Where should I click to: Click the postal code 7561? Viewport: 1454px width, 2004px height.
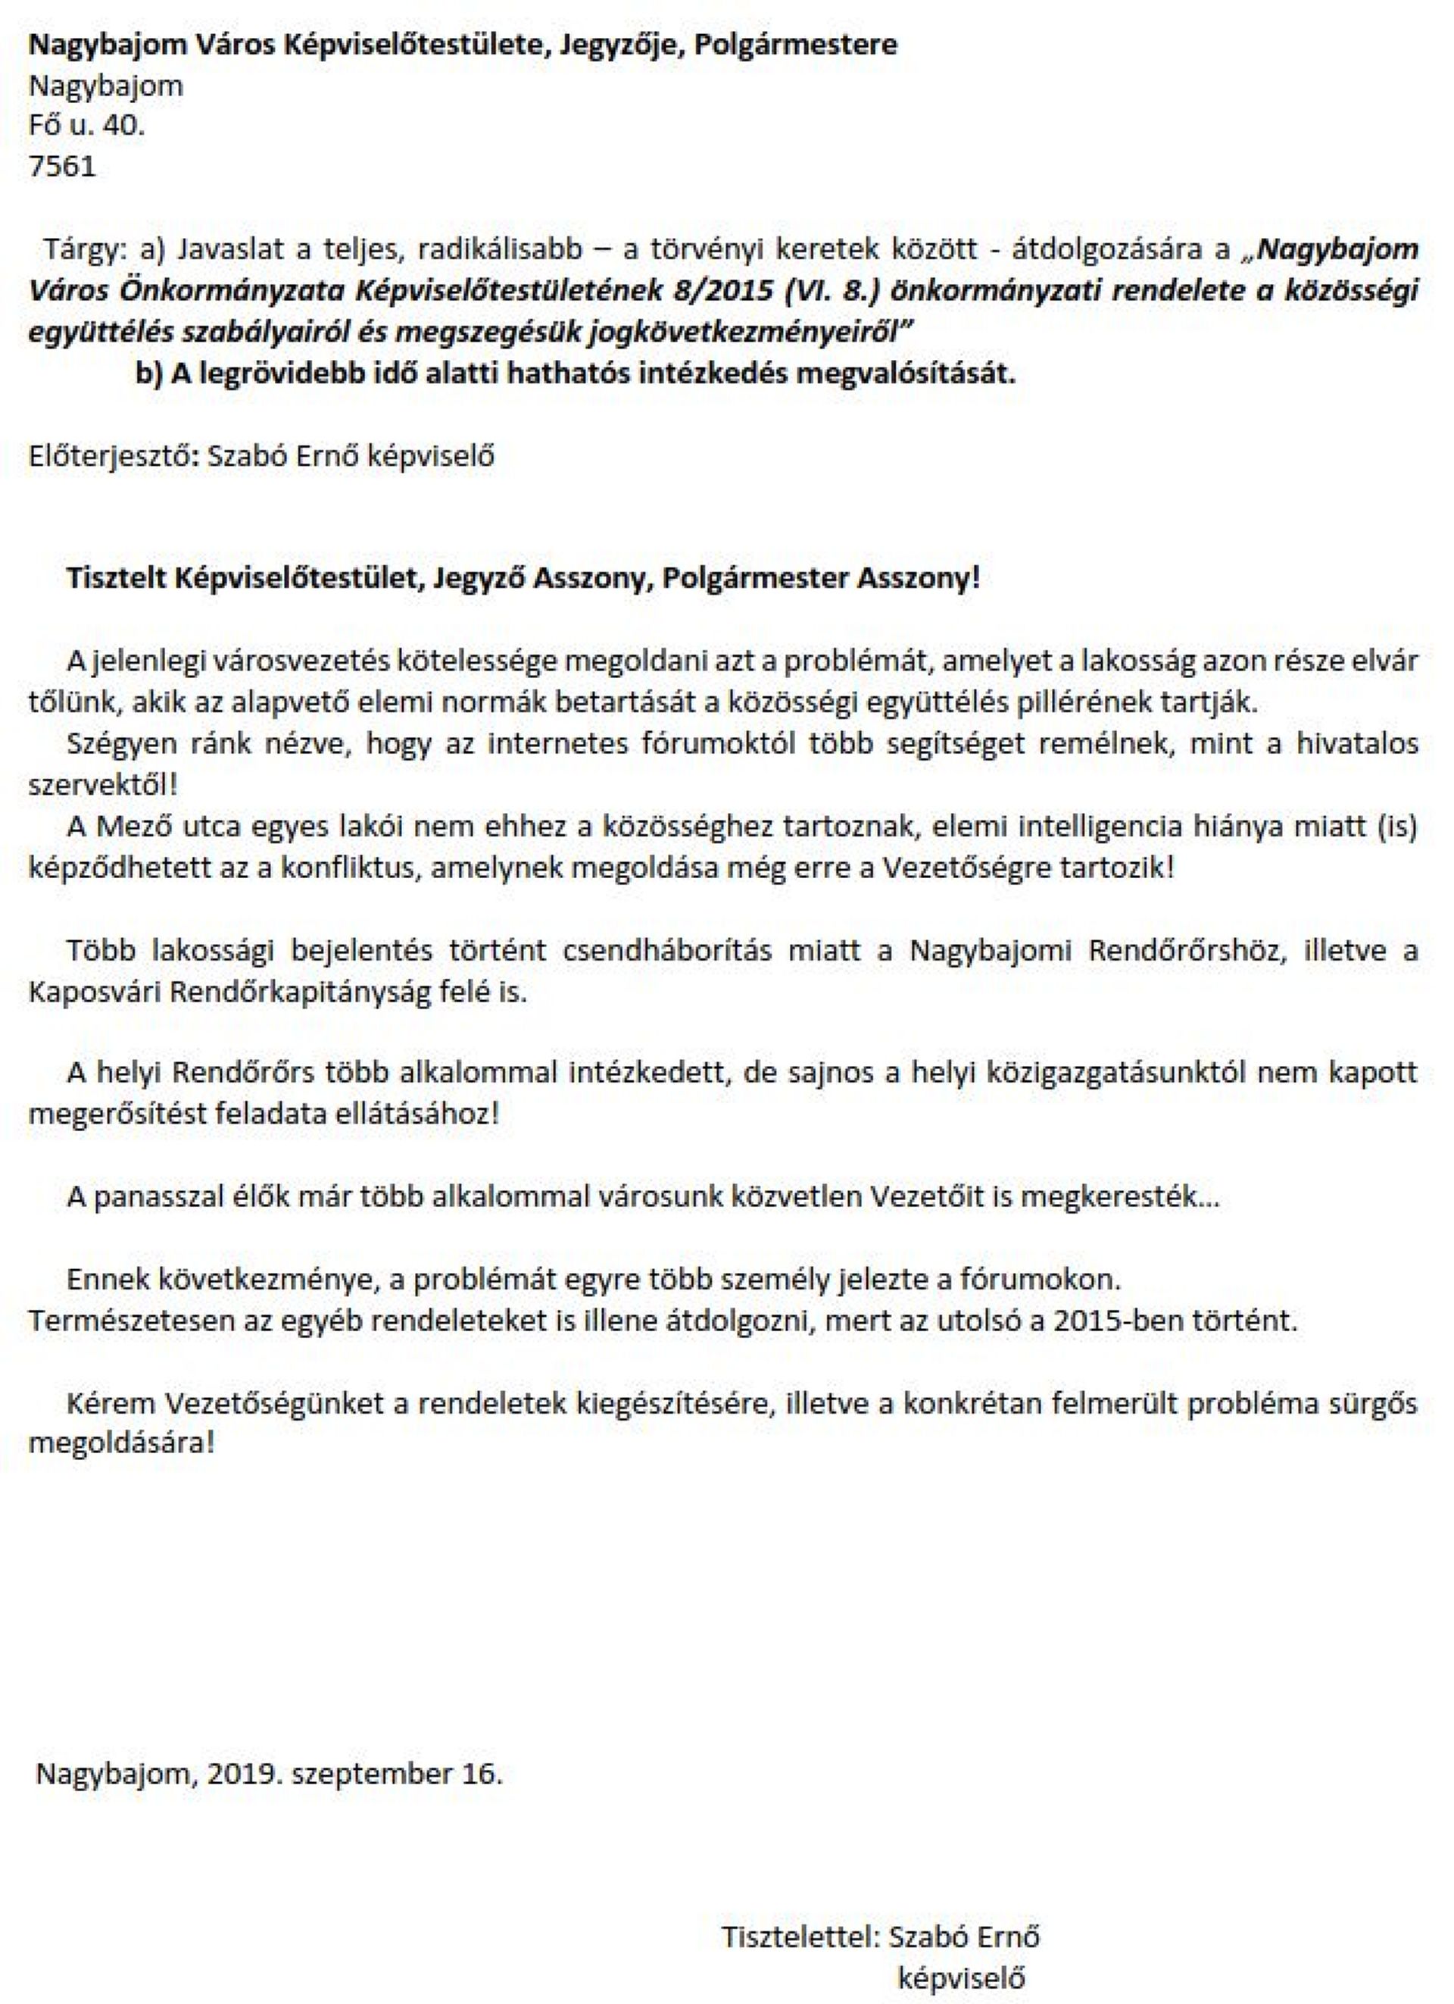pos(62,166)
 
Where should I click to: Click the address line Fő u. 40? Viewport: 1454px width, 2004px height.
pos(86,126)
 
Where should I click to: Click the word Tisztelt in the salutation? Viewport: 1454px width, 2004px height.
pos(117,578)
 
